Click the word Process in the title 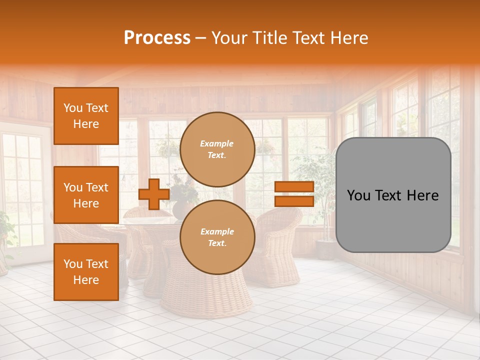[x=157, y=38]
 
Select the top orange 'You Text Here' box [x=86, y=116]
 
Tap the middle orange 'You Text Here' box [x=86, y=195]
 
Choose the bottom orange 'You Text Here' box [x=86, y=272]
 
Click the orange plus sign [x=153, y=194]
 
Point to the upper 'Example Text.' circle [x=217, y=149]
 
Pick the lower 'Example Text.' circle [x=217, y=237]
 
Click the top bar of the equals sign [x=294, y=187]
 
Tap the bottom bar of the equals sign [x=294, y=201]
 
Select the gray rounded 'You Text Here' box [x=393, y=195]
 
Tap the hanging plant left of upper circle [x=167, y=147]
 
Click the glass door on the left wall [x=22, y=190]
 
